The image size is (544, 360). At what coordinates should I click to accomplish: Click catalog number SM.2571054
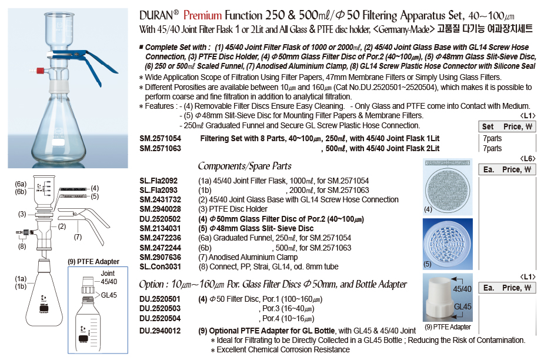[x=160, y=139]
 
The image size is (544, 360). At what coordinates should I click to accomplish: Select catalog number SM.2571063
[x=160, y=148]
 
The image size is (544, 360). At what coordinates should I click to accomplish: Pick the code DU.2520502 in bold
[x=160, y=219]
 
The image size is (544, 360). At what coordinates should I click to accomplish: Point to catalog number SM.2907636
[x=160, y=257]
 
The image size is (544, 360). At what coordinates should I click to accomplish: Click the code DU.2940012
[x=160, y=331]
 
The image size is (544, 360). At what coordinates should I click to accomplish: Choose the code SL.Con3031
[x=159, y=266]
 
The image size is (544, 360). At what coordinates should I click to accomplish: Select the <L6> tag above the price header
[x=528, y=159]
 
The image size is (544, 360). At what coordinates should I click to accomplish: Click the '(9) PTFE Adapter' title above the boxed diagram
[x=95, y=262]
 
